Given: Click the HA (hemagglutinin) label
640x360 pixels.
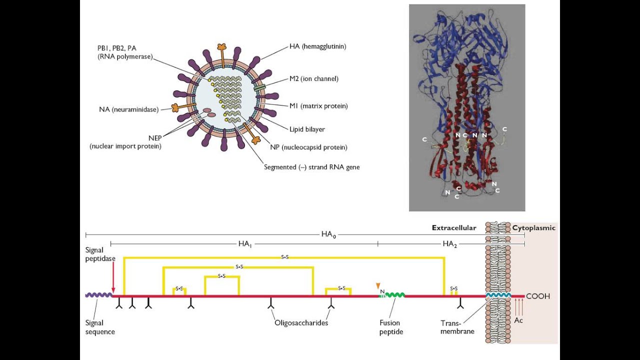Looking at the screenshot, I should pos(317,46).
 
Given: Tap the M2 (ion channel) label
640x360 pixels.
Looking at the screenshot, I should pos(313,78).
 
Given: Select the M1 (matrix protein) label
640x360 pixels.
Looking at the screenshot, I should pos(318,106).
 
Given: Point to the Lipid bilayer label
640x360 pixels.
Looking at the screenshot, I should pos(307,129).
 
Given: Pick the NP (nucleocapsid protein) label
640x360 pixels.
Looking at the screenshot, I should pos(314,147).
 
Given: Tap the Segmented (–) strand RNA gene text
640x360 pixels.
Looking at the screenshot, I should pos(311,167).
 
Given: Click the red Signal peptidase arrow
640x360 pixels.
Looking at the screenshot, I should pos(113,277).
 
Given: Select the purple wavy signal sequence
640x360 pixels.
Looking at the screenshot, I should pos(98,295).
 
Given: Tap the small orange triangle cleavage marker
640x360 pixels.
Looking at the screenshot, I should pos(378,285).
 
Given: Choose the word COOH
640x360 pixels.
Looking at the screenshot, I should pos(537,296).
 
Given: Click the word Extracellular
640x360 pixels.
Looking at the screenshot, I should pos(454,228).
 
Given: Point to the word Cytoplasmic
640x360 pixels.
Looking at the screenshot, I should pos(533,228).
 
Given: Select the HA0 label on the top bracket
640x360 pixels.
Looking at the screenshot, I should pos(328,234).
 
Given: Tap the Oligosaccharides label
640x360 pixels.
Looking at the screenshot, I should pos(301,323).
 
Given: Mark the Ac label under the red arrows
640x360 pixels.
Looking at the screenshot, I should pos(518,320).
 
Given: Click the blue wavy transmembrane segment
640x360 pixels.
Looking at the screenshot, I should pos(498,295).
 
